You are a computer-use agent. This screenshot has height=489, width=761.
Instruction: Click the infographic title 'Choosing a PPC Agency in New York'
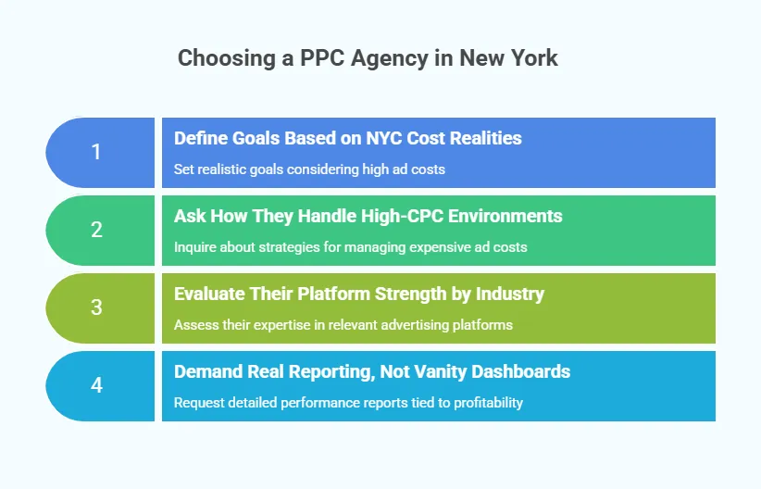368,58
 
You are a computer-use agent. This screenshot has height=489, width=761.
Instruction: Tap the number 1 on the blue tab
96,152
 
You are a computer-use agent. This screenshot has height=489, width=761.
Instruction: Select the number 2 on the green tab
96,230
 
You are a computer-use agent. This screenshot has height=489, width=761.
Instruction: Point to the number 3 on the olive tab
96,307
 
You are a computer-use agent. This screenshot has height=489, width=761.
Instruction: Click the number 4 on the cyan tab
96,385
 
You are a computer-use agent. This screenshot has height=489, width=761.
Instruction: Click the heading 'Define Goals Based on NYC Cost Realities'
347,138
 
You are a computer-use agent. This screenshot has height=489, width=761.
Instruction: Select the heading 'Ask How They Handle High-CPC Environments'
368,216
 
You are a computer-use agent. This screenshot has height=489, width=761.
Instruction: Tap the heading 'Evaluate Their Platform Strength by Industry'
358,294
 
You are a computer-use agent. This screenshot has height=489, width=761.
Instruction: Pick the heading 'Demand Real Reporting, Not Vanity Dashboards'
371,371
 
